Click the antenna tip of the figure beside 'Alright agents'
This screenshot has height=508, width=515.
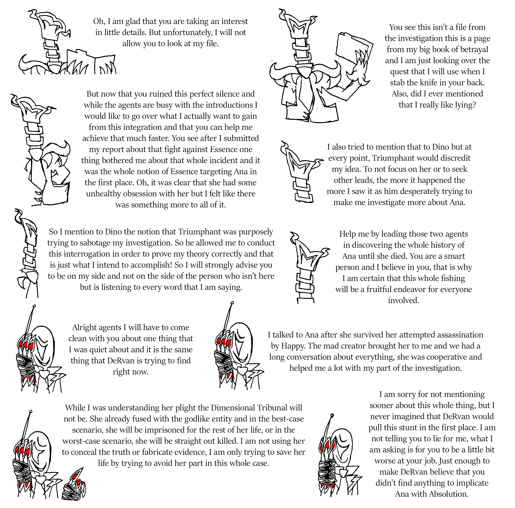pyautogui.click(x=34, y=306)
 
